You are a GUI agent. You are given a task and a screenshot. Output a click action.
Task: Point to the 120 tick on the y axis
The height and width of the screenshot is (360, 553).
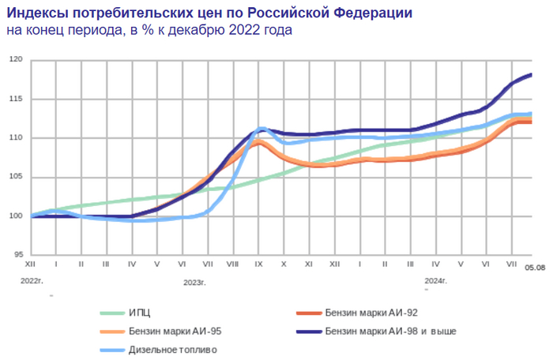pyautogui.click(x=16, y=60)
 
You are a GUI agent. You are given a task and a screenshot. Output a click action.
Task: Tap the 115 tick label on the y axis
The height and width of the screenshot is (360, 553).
pyautogui.click(x=16, y=99)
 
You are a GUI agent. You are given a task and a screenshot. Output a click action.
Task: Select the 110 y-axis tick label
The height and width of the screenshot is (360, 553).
pyautogui.click(x=16, y=138)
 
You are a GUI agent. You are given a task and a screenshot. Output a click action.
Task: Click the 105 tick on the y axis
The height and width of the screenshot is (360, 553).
pyautogui.click(x=16, y=177)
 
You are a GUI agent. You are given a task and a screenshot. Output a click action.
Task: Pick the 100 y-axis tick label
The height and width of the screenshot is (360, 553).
pyautogui.click(x=16, y=216)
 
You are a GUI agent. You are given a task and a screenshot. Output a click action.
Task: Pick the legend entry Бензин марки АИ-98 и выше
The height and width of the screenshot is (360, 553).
pyautogui.click(x=390, y=331)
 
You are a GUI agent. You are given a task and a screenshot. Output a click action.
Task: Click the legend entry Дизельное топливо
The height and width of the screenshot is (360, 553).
pyautogui.click(x=172, y=349)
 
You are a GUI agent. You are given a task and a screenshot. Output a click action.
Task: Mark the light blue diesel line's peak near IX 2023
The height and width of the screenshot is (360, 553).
pyautogui.click(x=262, y=128)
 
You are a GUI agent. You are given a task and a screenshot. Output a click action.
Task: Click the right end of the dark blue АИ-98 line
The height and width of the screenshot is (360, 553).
pyautogui.click(x=531, y=74)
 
